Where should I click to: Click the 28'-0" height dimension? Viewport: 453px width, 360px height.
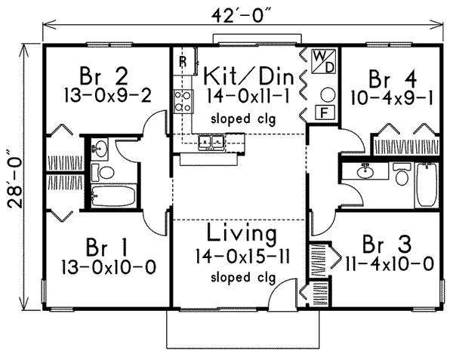(x=17, y=174)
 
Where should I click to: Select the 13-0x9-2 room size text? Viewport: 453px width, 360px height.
(x=106, y=95)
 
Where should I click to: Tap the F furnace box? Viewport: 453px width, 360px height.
(x=322, y=113)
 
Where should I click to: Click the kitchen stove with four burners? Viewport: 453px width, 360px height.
(x=182, y=100)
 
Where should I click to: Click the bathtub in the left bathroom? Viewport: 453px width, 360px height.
(x=112, y=196)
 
